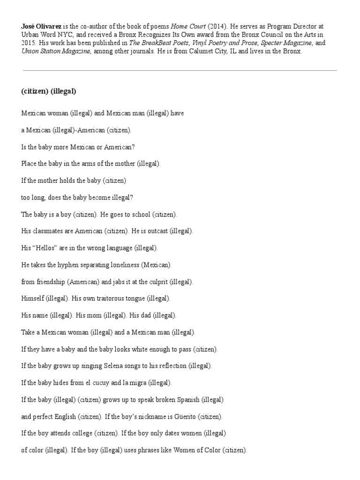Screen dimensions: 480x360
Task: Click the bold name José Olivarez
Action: (x=41, y=27)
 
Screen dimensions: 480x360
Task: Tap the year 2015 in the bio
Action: (x=29, y=43)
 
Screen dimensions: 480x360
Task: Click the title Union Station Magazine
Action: (x=55, y=51)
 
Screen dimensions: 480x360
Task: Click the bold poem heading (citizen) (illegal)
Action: (x=49, y=91)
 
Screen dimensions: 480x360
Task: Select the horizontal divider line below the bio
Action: (x=180, y=71)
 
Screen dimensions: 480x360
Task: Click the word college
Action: (x=81, y=433)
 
